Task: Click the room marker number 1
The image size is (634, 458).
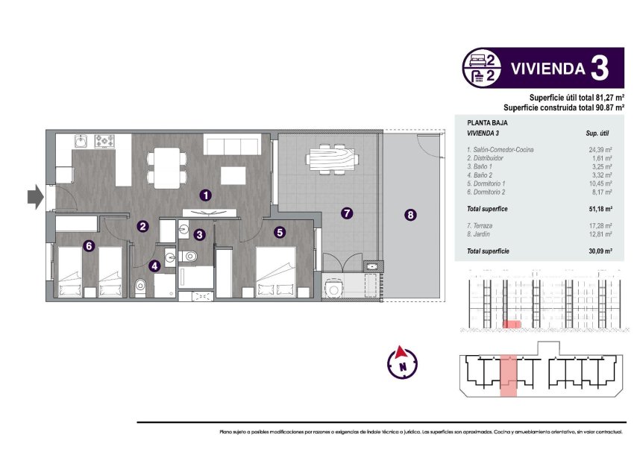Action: [x=207, y=195]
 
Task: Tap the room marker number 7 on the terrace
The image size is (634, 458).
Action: [x=347, y=213]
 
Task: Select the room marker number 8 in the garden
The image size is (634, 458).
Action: [x=410, y=216]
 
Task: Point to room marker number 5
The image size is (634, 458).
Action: [x=280, y=232]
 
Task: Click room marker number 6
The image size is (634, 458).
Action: [x=89, y=245]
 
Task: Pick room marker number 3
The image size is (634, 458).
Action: [x=199, y=234]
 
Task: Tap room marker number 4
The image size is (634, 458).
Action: [x=154, y=265]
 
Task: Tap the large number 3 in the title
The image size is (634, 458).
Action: [x=598, y=69]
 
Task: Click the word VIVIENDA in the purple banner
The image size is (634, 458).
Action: [x=547, y=69]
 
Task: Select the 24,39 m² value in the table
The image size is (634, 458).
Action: [x=600, y=150]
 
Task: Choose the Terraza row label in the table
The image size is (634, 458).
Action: [x=479, y=225]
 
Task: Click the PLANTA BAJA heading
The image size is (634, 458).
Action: [x=484, y=122]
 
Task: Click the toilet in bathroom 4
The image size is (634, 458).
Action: [x=141, y=286]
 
